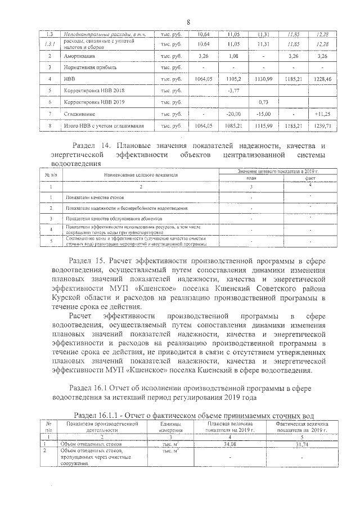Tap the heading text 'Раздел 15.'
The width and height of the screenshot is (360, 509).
pos(88,261)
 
